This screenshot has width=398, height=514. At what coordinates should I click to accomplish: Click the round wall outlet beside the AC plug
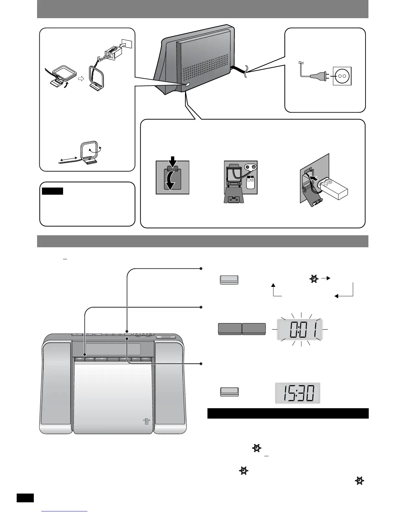tap(342, 76)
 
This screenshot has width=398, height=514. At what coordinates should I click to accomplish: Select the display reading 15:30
tap(298, 393)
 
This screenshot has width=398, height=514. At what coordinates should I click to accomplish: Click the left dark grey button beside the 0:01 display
tap(230, 329)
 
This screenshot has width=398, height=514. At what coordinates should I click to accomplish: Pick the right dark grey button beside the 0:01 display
tap(254, 329)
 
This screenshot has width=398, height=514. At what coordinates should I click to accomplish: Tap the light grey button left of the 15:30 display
tap(229, 392)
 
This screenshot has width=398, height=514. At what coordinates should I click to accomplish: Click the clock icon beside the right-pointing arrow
tap(313, 279)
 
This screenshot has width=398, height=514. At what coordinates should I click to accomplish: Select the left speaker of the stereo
tap(57, 386)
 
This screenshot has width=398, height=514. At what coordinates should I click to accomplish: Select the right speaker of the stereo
tap(170, 386)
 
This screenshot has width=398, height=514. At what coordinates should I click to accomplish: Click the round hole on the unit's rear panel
tap(216, 60)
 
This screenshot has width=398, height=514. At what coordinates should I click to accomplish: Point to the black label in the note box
tap(52, 191)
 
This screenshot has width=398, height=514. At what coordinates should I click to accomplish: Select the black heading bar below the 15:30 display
tap(288, 413)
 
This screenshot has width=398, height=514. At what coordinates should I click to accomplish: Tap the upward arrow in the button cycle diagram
tap(273, 287)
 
